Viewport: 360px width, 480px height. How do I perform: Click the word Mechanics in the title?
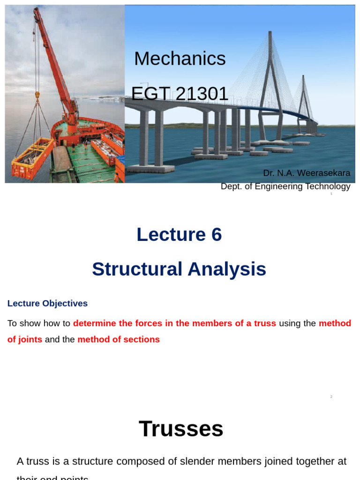180,59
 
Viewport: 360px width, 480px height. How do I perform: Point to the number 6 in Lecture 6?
216,234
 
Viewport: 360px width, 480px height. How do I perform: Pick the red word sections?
142,339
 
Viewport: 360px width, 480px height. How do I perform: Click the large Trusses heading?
181,428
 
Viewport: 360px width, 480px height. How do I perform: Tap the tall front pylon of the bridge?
270,84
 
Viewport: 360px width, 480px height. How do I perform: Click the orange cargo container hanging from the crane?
33,159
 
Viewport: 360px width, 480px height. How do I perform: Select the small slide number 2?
331,397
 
